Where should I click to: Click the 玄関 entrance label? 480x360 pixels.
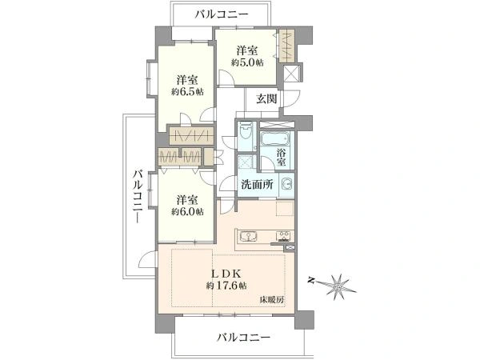coord(266,99)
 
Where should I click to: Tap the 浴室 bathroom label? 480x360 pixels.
coord(281,158)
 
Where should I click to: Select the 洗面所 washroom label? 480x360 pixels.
coord(257,184)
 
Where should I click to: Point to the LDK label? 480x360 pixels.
coord(226,273)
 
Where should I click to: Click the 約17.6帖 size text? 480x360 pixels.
coord(226,286)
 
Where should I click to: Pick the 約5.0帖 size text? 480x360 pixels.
coord(247,62)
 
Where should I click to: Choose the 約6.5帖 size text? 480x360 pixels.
coord(187,91)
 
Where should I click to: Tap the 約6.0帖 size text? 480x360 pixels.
coord(187,211)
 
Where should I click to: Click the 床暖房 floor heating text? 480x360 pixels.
coord(272,300)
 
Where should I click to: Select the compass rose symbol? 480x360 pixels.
coord(339,286)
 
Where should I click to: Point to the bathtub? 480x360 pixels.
coord(274,138)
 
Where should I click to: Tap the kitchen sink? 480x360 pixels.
coord(248,237)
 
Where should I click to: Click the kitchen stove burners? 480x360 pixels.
coord(285,236)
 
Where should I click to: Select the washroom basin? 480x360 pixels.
coord(287,184)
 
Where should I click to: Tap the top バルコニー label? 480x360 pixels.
coord(222,14)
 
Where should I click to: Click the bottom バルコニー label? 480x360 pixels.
coord(244,338)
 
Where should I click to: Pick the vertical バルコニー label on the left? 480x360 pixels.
coord(138,196)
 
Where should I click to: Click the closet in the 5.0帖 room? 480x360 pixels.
coord(287,45)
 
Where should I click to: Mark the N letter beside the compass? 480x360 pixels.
coord(312,280)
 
